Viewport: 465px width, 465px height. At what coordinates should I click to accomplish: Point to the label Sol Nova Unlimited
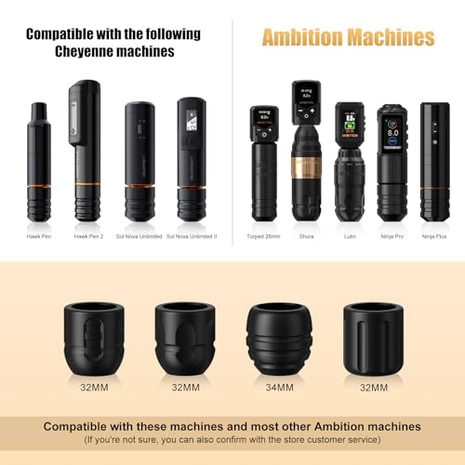pos(139,236)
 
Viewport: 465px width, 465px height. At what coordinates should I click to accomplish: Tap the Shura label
pos(306,236)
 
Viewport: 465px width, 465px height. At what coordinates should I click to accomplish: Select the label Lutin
pos(350,236)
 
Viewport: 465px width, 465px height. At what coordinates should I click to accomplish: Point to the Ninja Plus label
pos(434,236)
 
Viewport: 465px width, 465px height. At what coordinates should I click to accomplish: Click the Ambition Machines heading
pos(349,38)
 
